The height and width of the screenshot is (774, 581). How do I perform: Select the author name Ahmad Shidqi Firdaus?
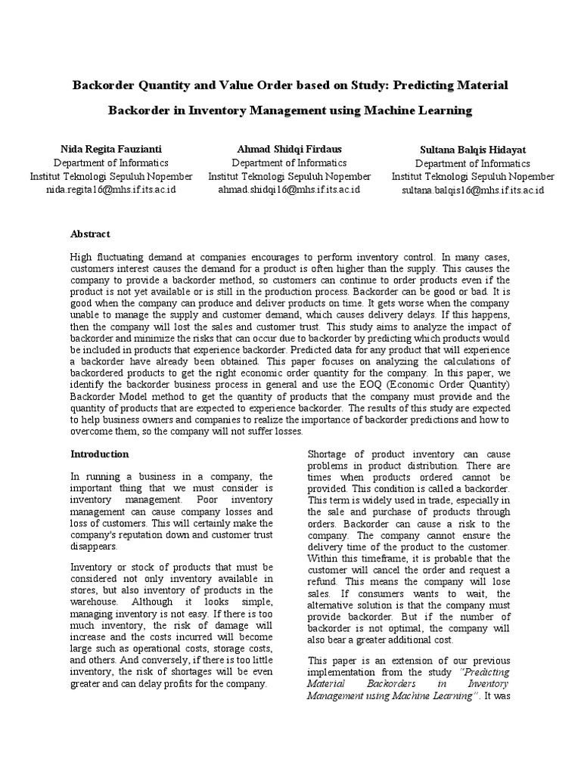(x=289, y=149)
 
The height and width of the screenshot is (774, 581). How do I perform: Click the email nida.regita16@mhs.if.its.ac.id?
(x=110, y=189)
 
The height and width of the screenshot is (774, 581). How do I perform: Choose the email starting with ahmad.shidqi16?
(x=289, y=189)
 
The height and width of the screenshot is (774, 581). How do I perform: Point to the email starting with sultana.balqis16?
(x=472, y=190)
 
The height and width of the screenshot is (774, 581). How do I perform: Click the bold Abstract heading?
(x=90, y=234)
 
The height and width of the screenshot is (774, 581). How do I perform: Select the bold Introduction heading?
(x=99, y=454)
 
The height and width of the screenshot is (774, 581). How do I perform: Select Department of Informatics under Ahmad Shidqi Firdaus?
(x=289, y=163)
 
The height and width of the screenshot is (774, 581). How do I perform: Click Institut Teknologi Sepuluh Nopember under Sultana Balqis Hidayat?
(x=472, y=177)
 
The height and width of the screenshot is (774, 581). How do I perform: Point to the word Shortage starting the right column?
(x=328, y=454)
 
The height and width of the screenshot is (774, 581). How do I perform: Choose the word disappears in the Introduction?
(x=95, y=545)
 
